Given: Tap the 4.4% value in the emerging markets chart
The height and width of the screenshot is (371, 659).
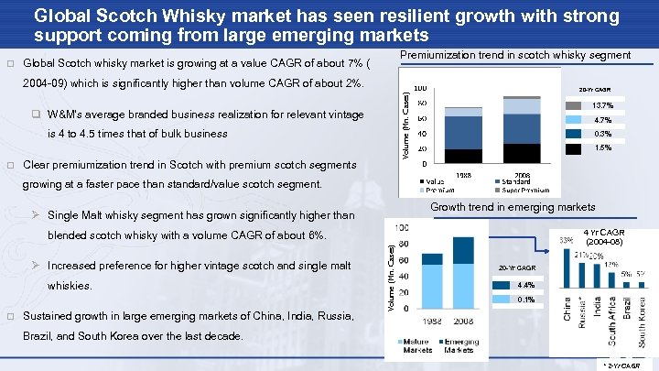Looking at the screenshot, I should point(525,285).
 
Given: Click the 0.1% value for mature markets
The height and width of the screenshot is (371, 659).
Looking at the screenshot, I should point(525,300).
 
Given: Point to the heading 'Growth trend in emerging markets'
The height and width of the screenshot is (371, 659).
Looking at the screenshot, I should point(513,208).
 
